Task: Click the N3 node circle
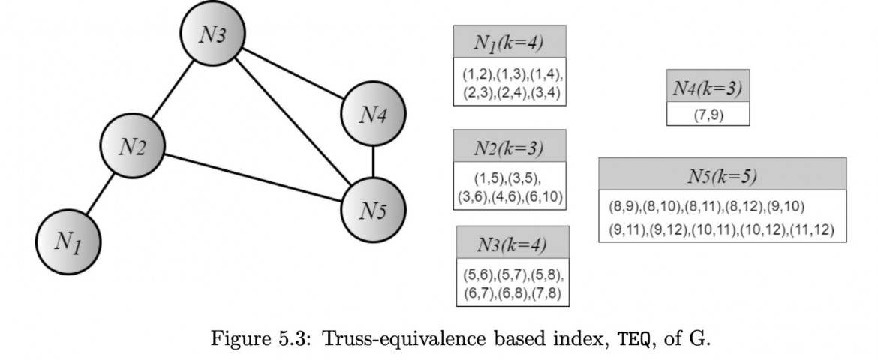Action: pos(213,37)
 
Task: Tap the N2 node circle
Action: pos(133,147)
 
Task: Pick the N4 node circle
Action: pos(372,114)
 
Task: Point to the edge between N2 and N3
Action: pos(173,93)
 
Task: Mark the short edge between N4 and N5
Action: pos(373,160)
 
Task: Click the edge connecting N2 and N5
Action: pos(252,177)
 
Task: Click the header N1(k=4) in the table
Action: pos(509,42)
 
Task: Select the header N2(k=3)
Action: pos(509,146)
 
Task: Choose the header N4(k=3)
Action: pos(707,88)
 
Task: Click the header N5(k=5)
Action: pos(722,175)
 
